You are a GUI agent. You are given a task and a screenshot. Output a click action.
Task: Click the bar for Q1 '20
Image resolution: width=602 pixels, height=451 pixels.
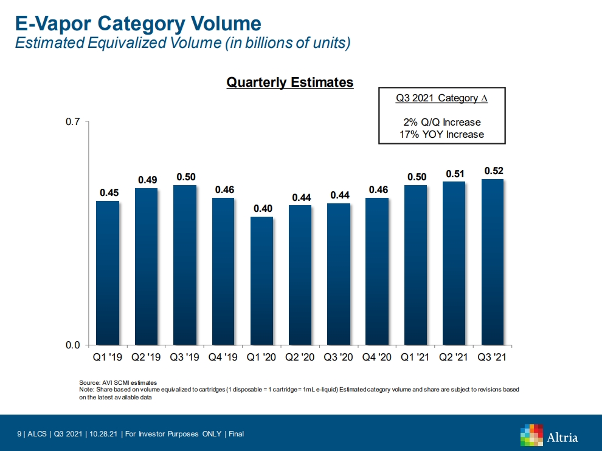[261, 280]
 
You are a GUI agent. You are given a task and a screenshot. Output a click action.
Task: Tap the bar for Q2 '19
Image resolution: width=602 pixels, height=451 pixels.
[146, 266]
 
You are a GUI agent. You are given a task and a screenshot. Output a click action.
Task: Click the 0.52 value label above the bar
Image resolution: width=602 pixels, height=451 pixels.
[494, 171]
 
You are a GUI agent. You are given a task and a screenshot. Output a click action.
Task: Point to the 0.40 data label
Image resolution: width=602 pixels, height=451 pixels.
[263, 209]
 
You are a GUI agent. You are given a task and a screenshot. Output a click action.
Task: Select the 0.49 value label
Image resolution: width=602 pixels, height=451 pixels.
[147, 180]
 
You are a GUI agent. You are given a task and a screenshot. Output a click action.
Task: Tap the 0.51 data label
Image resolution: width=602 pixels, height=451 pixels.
[455, 174]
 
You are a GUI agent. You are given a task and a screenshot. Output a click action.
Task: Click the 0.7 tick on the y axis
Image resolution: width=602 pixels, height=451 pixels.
[73, 122]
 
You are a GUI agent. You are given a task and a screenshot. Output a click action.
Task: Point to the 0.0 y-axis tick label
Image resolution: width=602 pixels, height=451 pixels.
[73, 345]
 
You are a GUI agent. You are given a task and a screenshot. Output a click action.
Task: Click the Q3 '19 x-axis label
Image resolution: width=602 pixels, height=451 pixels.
[185, 358]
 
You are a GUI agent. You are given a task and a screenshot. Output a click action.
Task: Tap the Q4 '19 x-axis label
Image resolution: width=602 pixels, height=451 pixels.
[223, 358]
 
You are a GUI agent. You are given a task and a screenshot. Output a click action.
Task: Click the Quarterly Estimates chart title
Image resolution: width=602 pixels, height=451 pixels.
[289, 83]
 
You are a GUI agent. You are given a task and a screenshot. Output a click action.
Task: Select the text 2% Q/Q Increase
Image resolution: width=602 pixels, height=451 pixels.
[441, 122]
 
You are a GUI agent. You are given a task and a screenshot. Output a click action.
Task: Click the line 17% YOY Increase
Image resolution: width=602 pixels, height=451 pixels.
[441, 134]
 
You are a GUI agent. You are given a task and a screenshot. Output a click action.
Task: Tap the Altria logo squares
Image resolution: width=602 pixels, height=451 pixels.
[531, 435]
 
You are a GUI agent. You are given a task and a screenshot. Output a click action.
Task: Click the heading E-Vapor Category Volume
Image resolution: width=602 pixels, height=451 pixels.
[138, 24]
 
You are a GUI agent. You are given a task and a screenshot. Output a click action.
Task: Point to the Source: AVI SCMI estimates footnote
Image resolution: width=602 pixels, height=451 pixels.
[118, 382]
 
